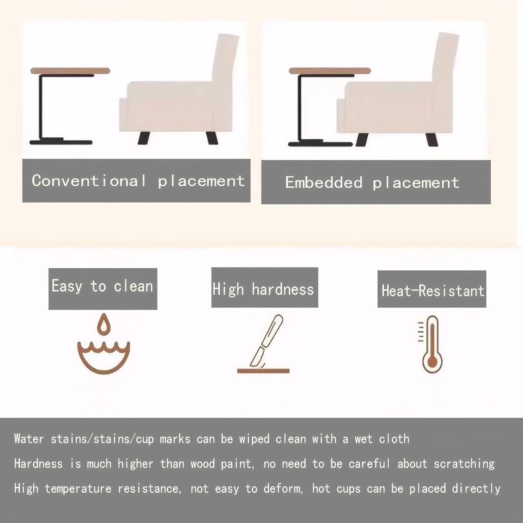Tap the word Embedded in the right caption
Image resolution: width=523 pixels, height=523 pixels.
[x=324, y=182]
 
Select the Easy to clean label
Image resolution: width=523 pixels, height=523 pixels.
[x=103, y=287]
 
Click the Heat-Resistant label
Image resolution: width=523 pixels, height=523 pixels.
[x=432, y=291]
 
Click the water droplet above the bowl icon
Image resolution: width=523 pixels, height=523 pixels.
[x=103, y=324]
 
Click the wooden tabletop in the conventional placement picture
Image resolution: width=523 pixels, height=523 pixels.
[x=70, y=71]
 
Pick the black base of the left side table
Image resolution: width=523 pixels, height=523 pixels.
[x=61, y=142]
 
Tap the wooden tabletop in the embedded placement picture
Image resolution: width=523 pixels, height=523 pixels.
[x=329, y=71]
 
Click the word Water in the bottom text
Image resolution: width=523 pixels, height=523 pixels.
[x=29, y=439]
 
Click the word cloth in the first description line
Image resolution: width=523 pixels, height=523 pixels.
[x=394, y=439]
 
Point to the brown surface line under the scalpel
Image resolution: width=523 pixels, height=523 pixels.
[x=263, y=371]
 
